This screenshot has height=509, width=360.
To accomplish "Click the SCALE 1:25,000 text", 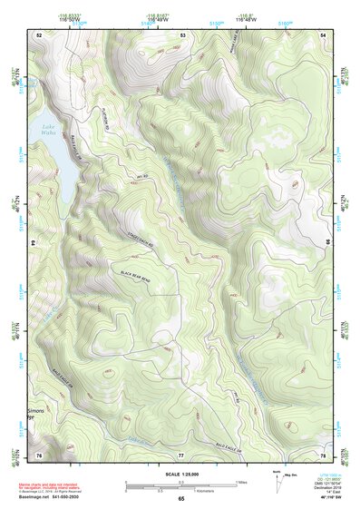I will [180, 474].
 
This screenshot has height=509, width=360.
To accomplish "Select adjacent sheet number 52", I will [39, 34].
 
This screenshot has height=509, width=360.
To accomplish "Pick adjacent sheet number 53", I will [182, 34].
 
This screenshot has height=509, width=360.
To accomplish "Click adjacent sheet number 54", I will [324, 34].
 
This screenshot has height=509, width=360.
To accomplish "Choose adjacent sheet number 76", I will [39, 454].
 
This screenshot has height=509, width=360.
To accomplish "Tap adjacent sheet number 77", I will [180, 454].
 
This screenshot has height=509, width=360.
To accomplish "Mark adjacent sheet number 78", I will [323, 454].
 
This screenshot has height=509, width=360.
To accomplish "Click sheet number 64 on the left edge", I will [36, 243].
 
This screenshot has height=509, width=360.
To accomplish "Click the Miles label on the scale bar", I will [243, 481].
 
